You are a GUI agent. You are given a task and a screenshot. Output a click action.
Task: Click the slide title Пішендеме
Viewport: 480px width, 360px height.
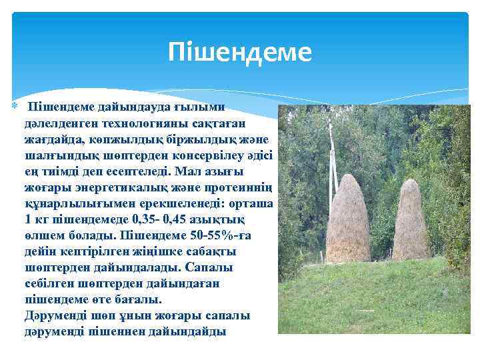[x=240, y=51]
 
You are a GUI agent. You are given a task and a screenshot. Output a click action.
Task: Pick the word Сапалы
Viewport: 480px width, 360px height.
[x=231, y=267]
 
